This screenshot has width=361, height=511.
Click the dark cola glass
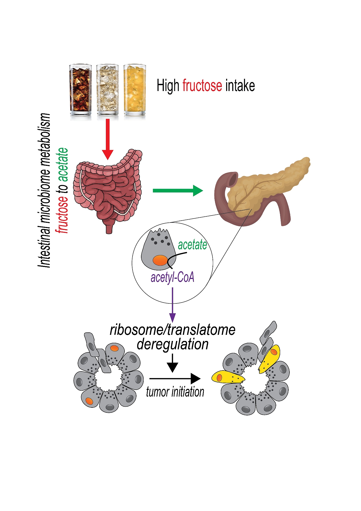[x=80, y=90]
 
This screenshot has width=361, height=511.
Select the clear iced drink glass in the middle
[x=107, y=90]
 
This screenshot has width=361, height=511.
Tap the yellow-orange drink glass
[x=135, y=90]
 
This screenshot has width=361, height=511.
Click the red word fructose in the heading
[x=202, y=86]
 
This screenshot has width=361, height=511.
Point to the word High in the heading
[x=168, y=86]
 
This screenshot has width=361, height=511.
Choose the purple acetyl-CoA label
[x=172, y=277]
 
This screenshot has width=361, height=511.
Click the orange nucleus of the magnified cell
[x=160, y=261]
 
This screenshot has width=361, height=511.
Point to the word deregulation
[x=172, y=344]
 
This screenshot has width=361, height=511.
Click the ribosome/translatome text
[x=172, y=330]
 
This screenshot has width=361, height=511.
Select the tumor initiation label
[x=175, y=392]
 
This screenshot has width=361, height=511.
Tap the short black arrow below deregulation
[x=173, y=363]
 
